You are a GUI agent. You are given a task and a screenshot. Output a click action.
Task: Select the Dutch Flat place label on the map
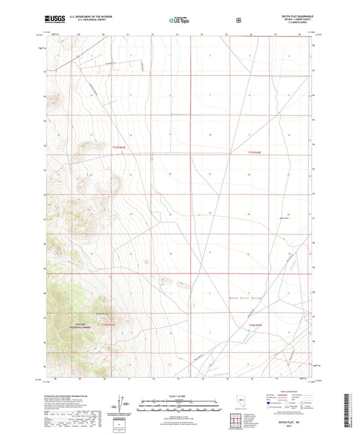284,217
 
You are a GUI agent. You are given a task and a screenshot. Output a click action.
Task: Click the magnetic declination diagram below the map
122,404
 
